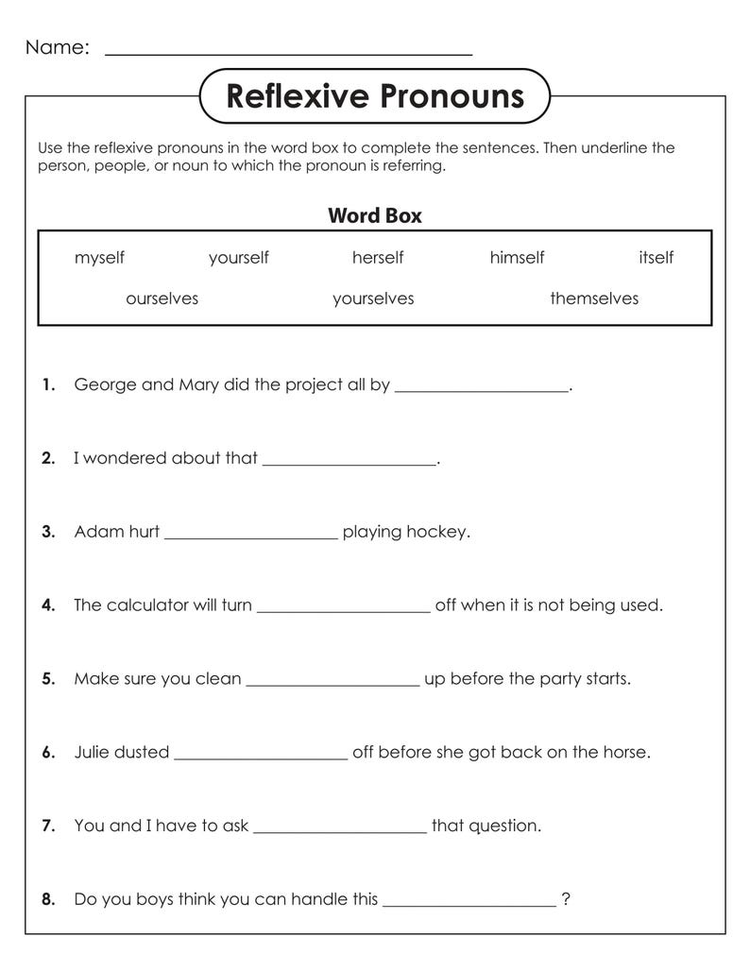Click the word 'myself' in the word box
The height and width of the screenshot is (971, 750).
point(99,258)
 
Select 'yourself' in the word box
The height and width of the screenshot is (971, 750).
point(239,258)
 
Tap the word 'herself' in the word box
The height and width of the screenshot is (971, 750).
point(378,258)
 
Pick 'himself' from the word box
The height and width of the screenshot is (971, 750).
point(517,258)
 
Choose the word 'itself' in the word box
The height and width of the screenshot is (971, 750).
point(656,258)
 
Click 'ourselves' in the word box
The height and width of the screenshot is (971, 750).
point(162,298)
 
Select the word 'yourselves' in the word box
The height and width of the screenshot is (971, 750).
point(373,298)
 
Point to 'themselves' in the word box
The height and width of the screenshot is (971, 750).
point(594,298)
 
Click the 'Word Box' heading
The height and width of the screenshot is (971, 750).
point(375,215)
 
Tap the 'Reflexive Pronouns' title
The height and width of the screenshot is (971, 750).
point(375,96)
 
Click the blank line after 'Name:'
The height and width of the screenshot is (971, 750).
point(288,52)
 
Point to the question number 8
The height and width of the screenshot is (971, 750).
point(48,900)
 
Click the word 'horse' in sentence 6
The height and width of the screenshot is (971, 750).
point(624,753)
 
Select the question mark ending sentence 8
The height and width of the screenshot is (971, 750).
point(566,899)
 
